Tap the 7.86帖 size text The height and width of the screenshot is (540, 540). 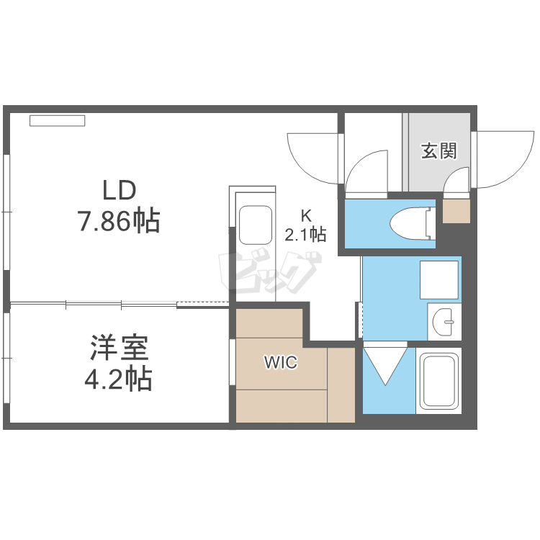pyautogui.click(x=119, y=221)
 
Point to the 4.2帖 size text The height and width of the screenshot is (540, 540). pyautogui.click(x=119, y=378)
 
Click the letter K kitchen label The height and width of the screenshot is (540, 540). pyautogui.click(x=305, y=215)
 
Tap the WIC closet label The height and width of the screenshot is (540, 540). pyautogui.click(x=280, y=363)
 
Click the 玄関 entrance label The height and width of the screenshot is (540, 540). pyautogui.click(x=439, y=150)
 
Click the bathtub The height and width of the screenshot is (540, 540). pyautogui.click(x=439, y=380)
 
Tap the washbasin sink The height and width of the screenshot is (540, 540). pyautogui.click(x=445, y=320)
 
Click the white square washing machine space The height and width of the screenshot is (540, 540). pyautogui.click(x=438, y=279)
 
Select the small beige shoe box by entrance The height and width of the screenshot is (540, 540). pyautogui.click(x=454, y=211)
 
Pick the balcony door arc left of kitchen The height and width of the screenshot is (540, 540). pyautogui.click(x=311, y=157)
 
